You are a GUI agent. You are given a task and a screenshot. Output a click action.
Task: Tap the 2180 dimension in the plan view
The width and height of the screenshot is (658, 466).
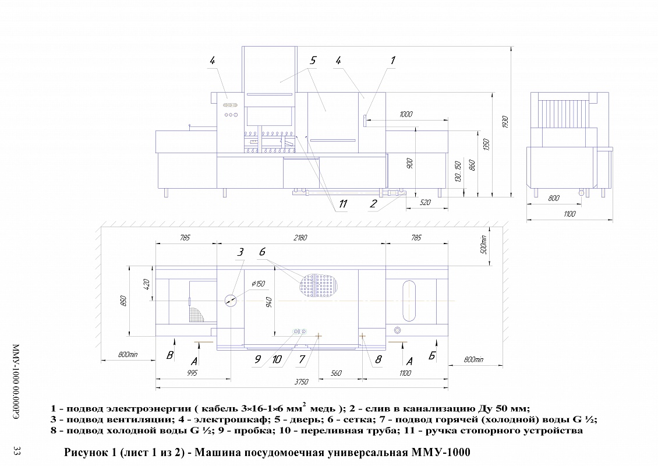coord(301,238)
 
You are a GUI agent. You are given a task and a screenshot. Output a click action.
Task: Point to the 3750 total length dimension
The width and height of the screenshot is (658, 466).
coord(301,382)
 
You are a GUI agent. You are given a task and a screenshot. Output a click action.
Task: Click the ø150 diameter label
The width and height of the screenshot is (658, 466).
coord(258,284)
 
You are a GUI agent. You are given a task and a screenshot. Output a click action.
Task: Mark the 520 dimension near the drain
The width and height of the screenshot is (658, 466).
coord(424,202)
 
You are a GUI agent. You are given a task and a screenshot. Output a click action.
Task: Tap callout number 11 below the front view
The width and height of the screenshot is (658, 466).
coord(343,203)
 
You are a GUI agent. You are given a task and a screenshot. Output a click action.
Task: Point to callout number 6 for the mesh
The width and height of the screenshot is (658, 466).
coord(262,252)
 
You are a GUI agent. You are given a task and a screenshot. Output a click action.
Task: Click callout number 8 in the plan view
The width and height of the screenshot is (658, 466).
coord(378,359)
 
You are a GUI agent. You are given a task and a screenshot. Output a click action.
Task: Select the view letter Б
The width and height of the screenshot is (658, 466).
coord(432,356)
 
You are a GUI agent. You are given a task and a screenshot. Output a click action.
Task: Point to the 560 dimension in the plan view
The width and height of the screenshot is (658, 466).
coord(336,373)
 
